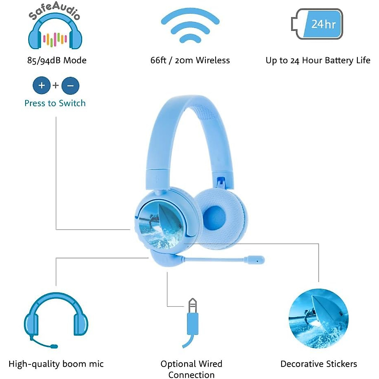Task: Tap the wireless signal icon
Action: click(x=190, y=25)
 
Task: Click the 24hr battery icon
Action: click(x=317, y=24)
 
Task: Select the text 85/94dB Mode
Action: click(x=57, y=60)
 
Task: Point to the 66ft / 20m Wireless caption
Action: click(x=190, y=60)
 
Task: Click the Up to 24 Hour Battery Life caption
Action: click(x=318, y=60)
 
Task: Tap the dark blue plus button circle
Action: click(x=41, y=85)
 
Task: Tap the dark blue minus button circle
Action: click(x=70, y=86)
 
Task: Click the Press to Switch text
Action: click(x=55, y=103)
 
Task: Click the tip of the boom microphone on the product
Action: click(x=256, y=260)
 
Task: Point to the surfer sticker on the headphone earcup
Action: click(x=161, y=226)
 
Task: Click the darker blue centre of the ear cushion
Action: click(x=214, y=218)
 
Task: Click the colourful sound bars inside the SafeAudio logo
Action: click(x=55, y=39)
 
